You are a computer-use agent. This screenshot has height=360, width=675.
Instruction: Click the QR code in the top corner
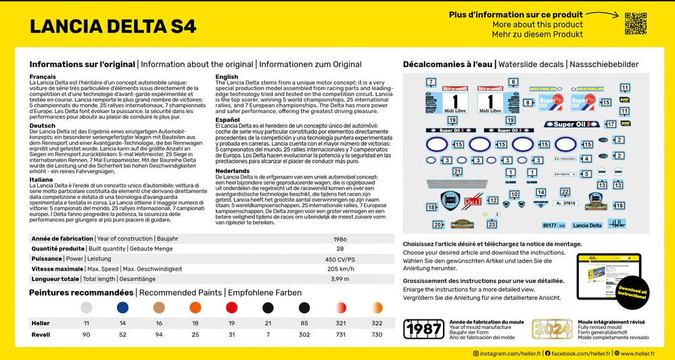pyautogui.click(x=636, y=23)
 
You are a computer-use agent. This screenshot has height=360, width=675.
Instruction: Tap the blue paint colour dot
pyautogui.click(x=122, y=308)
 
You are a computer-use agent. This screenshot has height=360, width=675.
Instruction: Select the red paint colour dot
pyautogui.click(x=231, y=308)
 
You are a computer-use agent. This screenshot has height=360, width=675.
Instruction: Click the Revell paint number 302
pyautogui.click(x=304, y=335)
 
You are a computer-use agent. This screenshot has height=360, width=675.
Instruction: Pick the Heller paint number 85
pyautogui.click(x=304, y=323)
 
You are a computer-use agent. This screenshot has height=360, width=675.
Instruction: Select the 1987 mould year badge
pyautogui.click(x=423, y=329)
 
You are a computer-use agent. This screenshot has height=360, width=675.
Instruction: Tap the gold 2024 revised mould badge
pyautogui.click(x=551, y=329)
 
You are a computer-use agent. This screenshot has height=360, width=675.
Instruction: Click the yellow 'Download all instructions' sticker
pyautogui.click(x=632, y=292)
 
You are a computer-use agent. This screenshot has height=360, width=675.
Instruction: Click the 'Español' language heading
pyautogui.click(x=227, y=120)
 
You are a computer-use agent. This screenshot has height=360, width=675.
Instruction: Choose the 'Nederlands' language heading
pyautogui.click(x=232, y=171)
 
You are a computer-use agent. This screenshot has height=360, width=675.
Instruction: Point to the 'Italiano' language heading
pyautogui.click(x=41, y=179)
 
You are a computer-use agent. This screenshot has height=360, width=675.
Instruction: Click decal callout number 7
pyautogui.click(x=431, y=82)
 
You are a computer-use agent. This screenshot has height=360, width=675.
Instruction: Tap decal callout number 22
pyautogui.click(x=565, y=192)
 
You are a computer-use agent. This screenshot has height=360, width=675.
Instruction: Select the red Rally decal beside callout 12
pyautogui.click(x=472, y=201)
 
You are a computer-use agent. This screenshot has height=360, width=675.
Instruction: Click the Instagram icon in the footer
pyautogui.click(x=475, y=353)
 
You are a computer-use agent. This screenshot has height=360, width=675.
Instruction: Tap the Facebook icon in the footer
pyautogui.click(x=549, y=353)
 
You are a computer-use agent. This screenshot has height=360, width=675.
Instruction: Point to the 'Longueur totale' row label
pyautogui.click(x=54, y=279)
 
